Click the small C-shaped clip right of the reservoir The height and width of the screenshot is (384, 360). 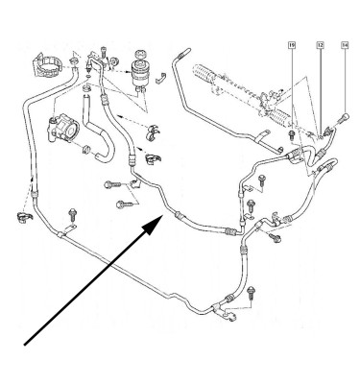tap(164, 91)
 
